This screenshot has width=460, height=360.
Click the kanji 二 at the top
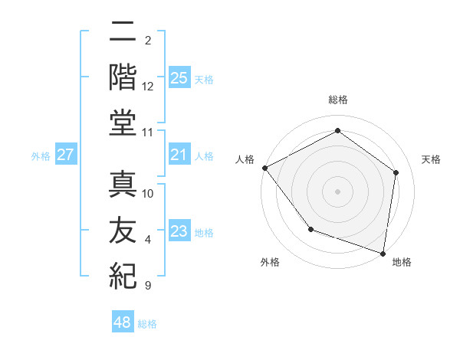click(x=123, y=32)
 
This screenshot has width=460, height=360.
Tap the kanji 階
click(x=123, y=77)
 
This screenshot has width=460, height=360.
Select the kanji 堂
click(x=123, y=123)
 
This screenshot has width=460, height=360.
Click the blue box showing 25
click(x=179, y=78)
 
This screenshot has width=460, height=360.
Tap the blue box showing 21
click(x=179, y=155)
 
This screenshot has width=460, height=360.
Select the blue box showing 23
click(x=179, y=232)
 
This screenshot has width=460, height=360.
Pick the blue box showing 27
click(x=66, y=155)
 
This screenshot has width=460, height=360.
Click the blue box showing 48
click(x=123, y=322)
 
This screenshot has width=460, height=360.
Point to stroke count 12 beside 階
click(x=148, y=87)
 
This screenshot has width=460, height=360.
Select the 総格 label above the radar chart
click(x=338, y=100)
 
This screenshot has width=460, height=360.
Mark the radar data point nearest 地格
click(x=383, y=253)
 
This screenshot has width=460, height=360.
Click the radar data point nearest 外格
click(x=310, y=229)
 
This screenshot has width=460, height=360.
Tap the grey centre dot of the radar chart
click(x=338, y=191)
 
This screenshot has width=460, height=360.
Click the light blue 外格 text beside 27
click(x=41, y=156)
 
